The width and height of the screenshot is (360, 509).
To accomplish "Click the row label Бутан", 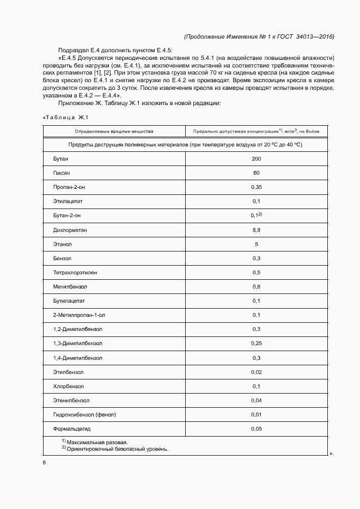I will (61, 158).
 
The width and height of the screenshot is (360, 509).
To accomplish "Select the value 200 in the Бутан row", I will (256, 158).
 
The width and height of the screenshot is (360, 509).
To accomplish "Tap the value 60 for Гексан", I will (256, 173).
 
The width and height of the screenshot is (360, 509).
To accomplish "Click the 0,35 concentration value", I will (256, 187).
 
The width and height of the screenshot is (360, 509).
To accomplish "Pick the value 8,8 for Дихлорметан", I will (256, 230).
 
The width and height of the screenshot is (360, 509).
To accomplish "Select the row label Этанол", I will (63, 244).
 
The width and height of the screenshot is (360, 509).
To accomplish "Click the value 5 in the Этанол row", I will (256, 244).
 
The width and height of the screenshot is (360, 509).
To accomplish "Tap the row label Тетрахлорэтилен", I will (75, 272).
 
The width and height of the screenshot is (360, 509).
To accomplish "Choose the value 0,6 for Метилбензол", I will (256, 286).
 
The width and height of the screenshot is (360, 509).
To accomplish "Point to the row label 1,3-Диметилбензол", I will (78, 344).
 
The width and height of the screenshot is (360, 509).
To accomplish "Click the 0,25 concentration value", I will (256, 344).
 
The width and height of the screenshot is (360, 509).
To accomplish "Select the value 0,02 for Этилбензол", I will (256, 372).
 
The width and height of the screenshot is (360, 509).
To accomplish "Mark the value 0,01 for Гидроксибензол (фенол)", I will (256, 415).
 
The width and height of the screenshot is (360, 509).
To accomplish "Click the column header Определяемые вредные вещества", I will (114, 131).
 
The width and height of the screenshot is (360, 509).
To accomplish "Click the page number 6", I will (44, 462).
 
